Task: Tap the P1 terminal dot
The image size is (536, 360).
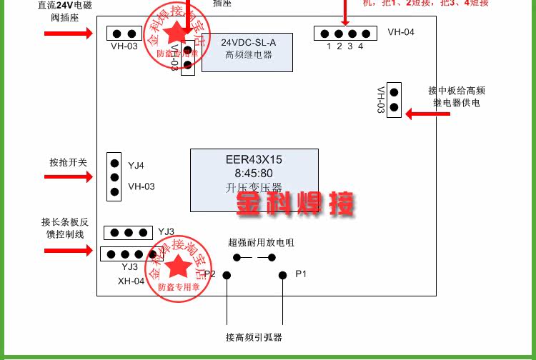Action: [282, 275]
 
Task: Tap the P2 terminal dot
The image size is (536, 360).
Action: [227, 275]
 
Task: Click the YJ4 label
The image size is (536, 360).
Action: [136, 166]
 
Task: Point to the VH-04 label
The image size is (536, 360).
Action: [401, 32]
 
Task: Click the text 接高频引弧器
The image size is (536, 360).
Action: [254, 337]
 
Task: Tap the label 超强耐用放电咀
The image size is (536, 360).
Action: [261, 243]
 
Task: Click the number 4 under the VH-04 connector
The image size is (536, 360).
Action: [361, 46]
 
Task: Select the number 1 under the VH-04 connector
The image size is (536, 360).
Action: [329, 46]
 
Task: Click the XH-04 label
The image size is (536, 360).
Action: [131, 281]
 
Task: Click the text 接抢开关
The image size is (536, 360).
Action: [68, 162]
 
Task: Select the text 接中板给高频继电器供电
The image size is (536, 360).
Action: [457, 97]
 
